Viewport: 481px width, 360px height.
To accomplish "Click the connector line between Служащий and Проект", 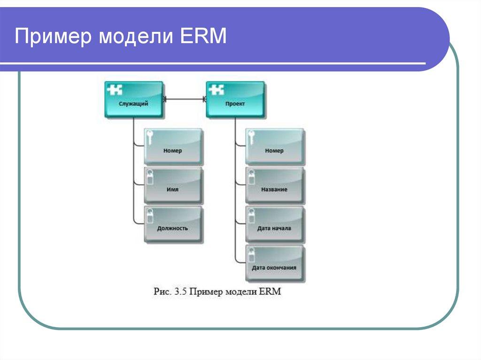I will [x=185, y=99].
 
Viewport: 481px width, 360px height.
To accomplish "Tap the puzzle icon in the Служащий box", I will [x=115, y=89].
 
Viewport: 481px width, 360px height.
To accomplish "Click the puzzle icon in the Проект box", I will [x=216, y=89].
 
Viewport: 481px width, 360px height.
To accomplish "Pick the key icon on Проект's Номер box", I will [x=252, y=137].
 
